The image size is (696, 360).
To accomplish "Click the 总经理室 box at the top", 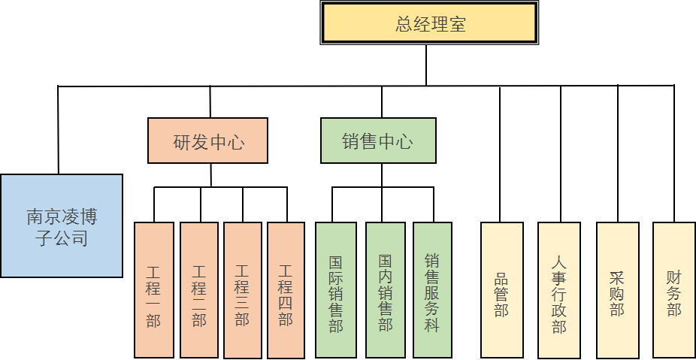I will (x=430, y=24).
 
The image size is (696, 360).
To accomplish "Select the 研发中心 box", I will (x=208, y=141).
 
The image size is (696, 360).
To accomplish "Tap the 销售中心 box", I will (x=378, y=141).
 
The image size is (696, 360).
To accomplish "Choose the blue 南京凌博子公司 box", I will (x=62, y=226).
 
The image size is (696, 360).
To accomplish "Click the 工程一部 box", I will (x=154, y=289).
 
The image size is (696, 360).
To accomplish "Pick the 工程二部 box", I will (x=199, y=289).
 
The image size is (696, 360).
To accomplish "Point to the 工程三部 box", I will (x=242, y=289).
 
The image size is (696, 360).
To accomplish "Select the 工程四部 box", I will (x=286, y=289).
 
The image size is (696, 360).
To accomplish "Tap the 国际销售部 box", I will (x=336, y=289).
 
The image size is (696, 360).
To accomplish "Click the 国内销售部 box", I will (x=386, y=289).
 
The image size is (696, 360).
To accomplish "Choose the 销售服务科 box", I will (x=432, y=289).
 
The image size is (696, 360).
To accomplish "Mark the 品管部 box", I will (x=501, y=289).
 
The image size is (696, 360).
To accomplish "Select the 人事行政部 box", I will (x=559, y=289).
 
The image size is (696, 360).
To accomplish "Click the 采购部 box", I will (x=618, y=289).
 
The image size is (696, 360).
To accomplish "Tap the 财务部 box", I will (x=674, y=289).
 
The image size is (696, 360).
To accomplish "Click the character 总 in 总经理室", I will (x=404, y=24).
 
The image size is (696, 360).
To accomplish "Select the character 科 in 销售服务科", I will (x=432, y=325).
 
